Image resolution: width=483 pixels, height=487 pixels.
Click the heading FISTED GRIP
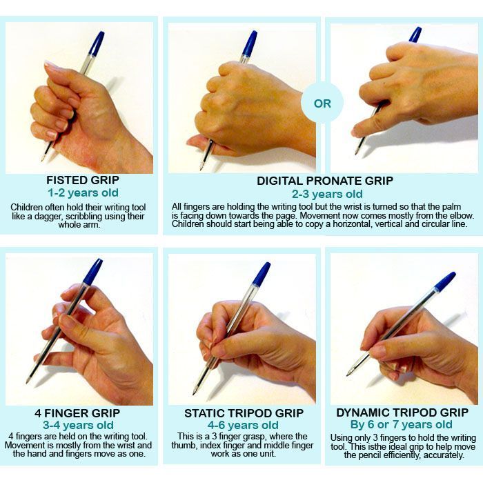83,180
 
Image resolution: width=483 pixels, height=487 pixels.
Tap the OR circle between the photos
322,103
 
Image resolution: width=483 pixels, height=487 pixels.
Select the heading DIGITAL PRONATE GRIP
325,181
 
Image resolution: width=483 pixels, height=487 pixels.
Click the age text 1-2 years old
83,193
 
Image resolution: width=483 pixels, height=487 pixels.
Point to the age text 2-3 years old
327,194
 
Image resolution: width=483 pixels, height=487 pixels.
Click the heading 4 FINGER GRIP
77,413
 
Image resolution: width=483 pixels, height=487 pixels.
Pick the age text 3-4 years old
78,425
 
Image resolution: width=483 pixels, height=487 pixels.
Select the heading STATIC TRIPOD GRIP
244,413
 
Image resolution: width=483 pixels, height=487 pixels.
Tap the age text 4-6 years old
243,425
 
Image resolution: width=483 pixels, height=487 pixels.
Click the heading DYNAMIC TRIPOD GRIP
402,413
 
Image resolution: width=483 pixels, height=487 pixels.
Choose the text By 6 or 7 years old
402,424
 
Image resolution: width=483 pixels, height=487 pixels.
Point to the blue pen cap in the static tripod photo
261,274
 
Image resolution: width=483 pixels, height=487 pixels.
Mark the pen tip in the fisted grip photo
42,160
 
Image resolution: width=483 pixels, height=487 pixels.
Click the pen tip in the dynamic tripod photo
348,375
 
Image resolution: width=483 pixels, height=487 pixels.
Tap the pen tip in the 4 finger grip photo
28,382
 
